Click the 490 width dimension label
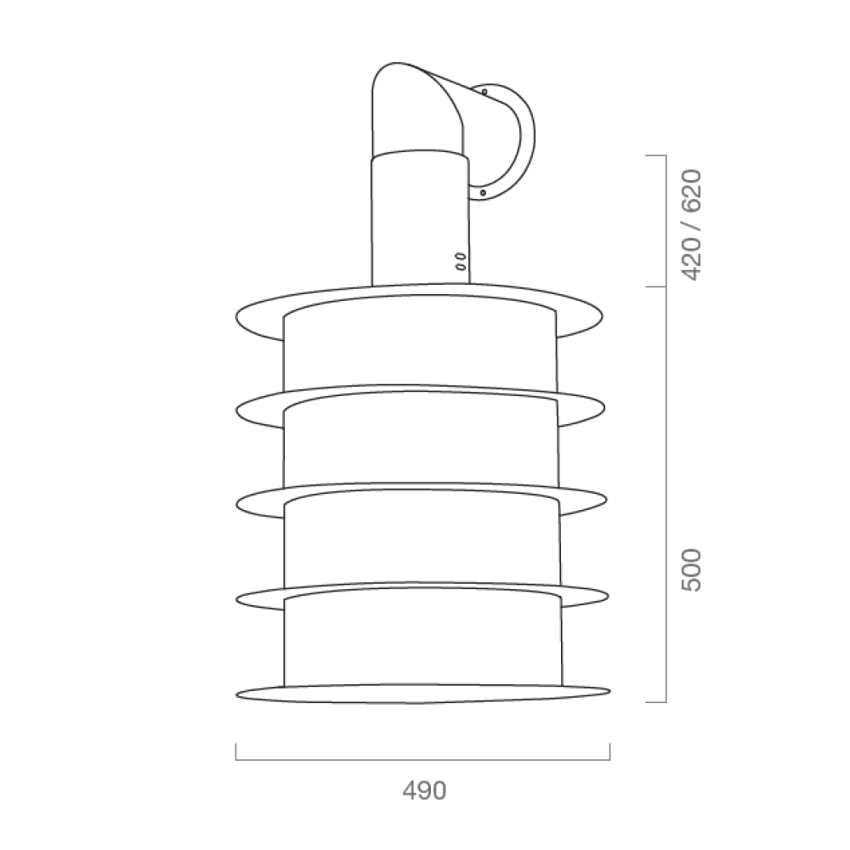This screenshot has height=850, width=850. pos(424,790)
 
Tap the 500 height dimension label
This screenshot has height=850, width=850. pos(692,570)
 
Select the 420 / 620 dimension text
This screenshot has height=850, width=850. pos(692,225)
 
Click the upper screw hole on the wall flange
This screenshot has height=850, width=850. pos(484,92)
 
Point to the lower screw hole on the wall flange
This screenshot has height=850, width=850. pos(483,192)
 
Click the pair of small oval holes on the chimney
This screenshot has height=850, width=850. pos(460,261)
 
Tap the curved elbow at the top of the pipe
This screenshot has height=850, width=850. pos(417,109)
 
